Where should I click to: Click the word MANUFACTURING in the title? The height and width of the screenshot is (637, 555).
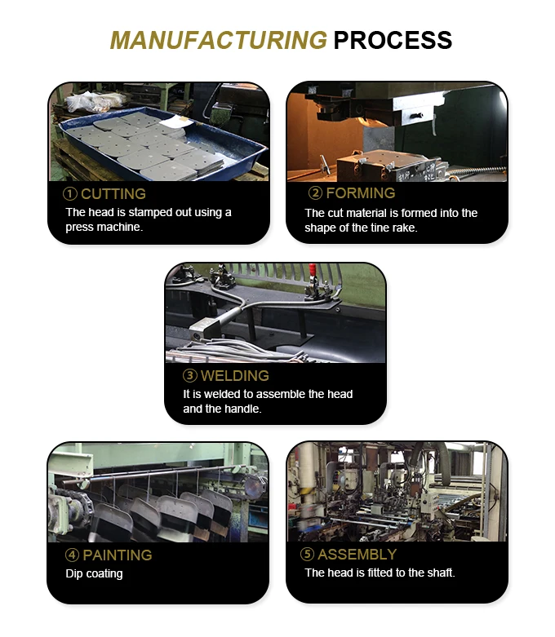click(218, 40)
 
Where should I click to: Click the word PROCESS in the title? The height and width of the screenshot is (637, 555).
click(393, 40)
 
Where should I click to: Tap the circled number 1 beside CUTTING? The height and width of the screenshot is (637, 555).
click(71, 194)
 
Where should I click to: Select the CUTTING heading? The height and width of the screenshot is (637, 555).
click(113, 194)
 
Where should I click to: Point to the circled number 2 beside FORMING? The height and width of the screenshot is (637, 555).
click(315, 193)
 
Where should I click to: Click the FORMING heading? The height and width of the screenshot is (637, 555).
click(360, 193)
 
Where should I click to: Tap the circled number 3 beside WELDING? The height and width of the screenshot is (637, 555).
click(189, 376)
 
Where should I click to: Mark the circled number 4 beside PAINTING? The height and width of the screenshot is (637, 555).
click(72, 555)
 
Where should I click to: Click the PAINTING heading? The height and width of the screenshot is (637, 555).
click(117, 555)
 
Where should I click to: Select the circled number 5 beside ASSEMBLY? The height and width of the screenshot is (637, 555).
click(307, 555)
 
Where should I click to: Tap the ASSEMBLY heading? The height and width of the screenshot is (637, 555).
click(357, 555)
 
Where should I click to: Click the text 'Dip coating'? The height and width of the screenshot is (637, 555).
click(94, 573)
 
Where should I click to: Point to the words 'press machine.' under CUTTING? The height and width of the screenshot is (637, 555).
click(104, 227)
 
